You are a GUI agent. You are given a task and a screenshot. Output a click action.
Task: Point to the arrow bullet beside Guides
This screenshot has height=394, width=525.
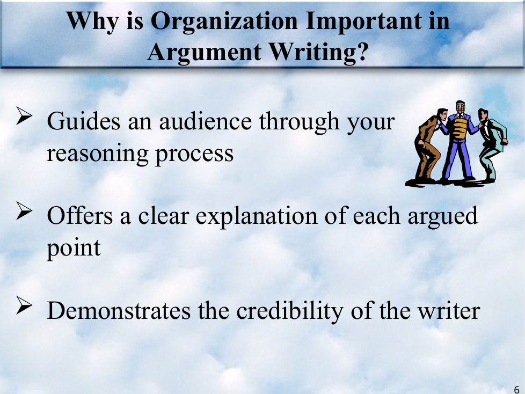click(24, 116)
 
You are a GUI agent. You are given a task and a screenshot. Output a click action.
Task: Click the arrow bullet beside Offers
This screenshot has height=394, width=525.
click(24, 211)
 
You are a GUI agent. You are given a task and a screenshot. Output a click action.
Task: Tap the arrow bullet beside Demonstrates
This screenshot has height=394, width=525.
click(24, 306)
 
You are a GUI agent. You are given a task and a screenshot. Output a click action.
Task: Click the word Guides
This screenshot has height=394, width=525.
click(83, 121)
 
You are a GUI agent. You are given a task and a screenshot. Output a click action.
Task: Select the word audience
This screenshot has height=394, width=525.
click(205, 121)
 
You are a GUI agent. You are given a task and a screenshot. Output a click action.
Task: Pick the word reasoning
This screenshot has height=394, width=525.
click(98, 154)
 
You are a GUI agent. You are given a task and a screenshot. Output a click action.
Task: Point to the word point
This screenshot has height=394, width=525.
click(74, 249)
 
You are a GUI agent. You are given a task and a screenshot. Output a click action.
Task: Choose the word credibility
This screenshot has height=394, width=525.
click(290, 311)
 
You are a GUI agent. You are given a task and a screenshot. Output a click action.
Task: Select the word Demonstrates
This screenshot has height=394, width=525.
click(119, 311)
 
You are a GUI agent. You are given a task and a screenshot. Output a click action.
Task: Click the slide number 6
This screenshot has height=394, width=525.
click(516, 390)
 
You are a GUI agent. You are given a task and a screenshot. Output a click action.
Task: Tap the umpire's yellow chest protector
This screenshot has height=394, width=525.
click(460, 128)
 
